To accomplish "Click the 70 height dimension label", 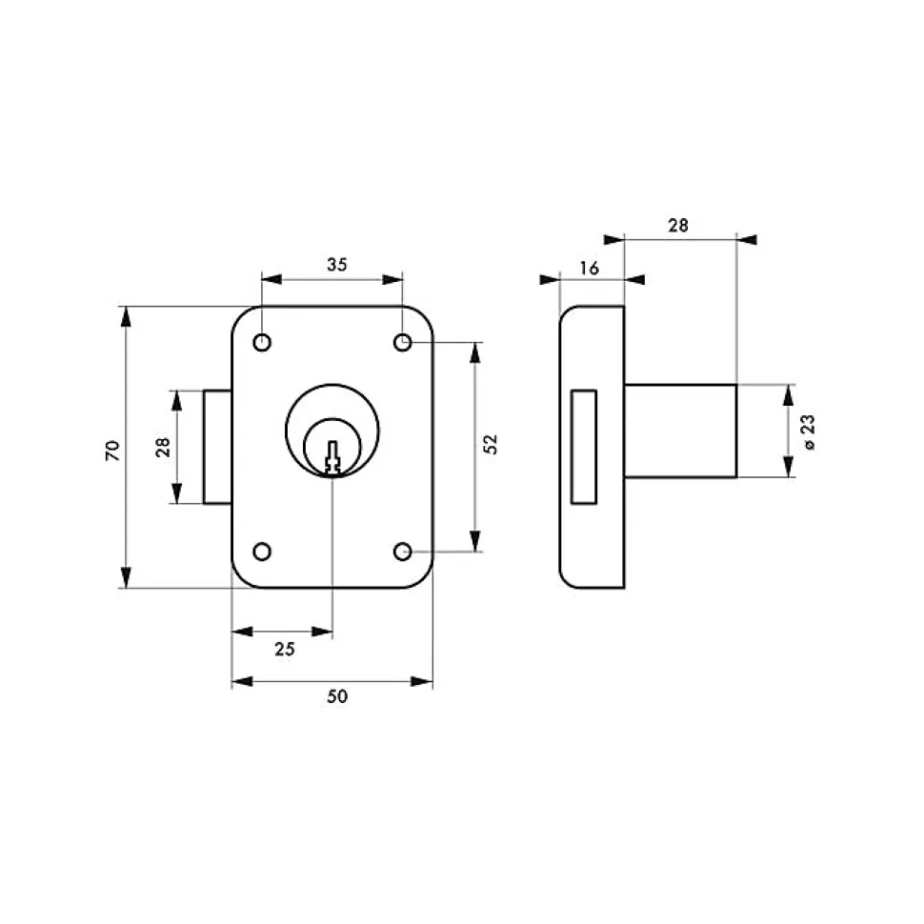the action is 112,451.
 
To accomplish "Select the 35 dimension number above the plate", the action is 337,265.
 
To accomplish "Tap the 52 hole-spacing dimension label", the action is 490,444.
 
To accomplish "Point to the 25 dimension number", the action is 285,649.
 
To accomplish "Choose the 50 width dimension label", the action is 337,696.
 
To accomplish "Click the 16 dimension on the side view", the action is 590,268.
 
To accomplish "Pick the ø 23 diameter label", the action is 809,432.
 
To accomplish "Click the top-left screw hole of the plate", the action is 262,342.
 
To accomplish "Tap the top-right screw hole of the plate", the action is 403,342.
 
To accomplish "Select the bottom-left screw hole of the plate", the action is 262,552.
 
